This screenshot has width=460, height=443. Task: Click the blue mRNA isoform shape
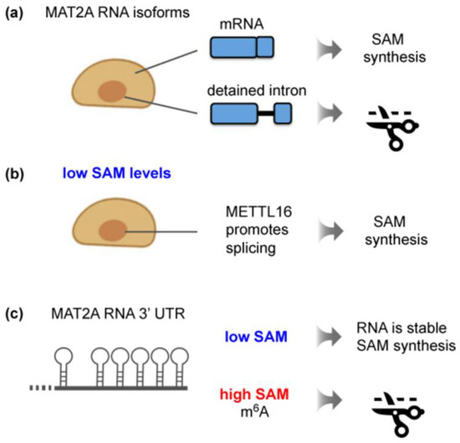pos(242,49)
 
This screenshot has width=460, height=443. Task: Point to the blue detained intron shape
pos(250,113)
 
